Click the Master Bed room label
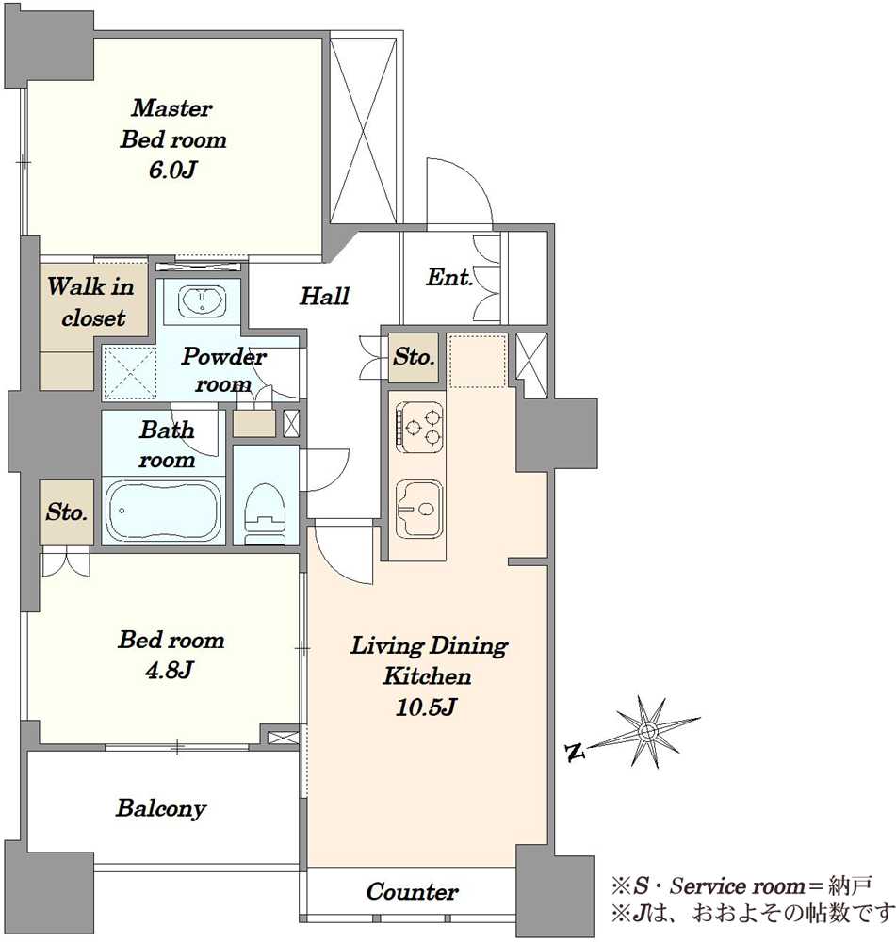click(x=173, y=123)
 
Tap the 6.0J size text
click(x=172, y=170)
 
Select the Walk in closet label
click(x=91, y=301)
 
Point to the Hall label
click(x=324, y=296)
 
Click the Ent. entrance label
click(x=448, y=277)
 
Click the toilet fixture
click(x=266, y=510)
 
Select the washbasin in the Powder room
click(x=203, y=300)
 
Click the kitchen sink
click(x=420, y=509)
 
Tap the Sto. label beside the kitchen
click(x=414, y=357)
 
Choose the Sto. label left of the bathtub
click(x=67, y=512)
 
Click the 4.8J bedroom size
click(x=169, y=670)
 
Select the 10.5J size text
click(x=426, y=706)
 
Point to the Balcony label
click(x=161, y=808)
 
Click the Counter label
click(x=413, y=891)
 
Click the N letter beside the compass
click(x=575, y=752)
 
